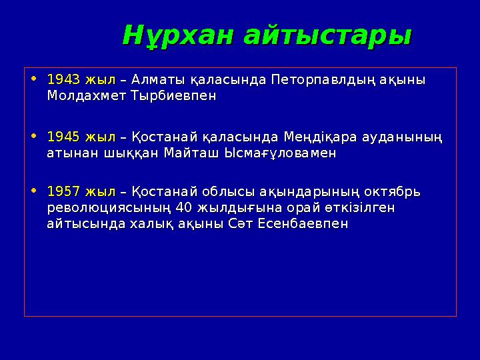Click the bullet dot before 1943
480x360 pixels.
click(x=34, y=80)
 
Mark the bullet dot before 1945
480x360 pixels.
click(x=34, y=137)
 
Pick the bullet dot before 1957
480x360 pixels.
click(x=34, y=192)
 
